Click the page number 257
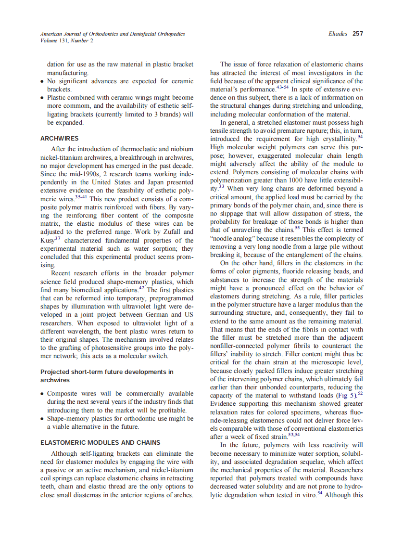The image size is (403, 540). [357, 34]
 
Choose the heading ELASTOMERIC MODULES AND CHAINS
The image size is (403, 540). [100, 442]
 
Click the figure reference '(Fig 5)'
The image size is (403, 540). [346, 396]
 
